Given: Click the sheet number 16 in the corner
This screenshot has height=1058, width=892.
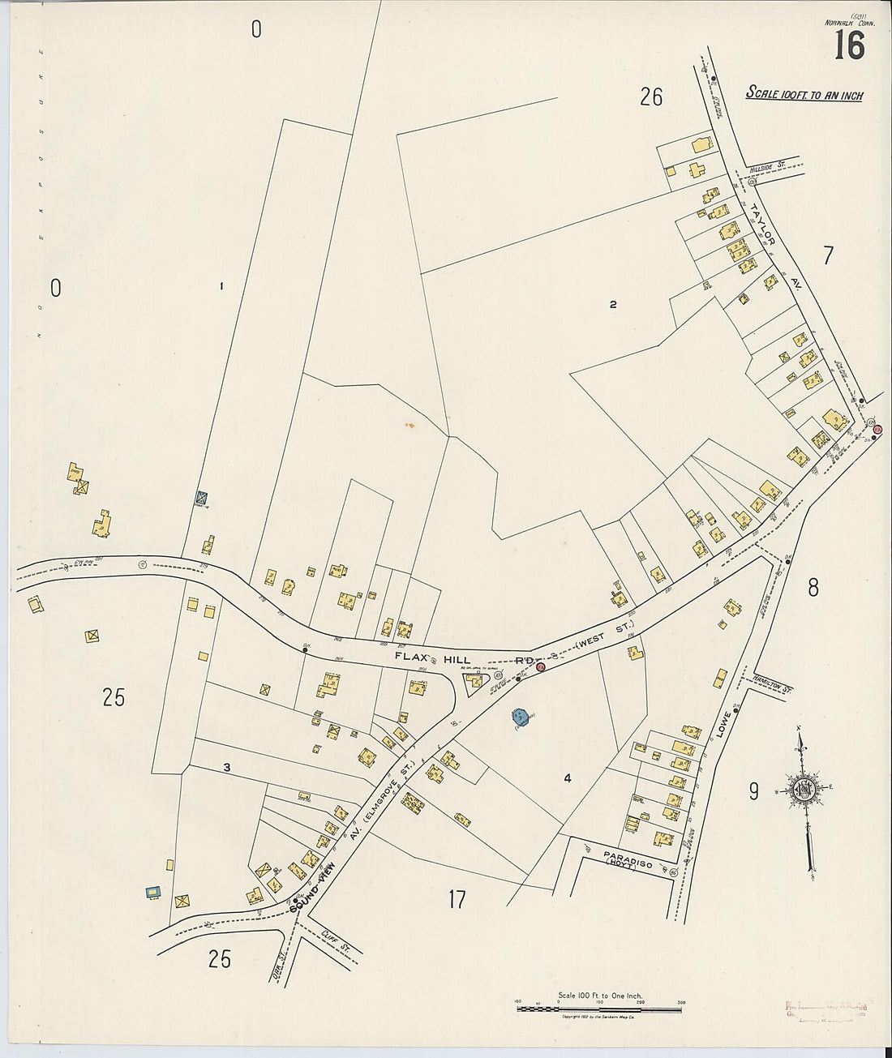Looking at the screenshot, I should (848, 45).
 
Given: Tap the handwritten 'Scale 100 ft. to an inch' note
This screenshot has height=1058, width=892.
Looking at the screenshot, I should (804, 94).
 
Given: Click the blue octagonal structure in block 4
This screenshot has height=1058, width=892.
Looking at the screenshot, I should (520, 717).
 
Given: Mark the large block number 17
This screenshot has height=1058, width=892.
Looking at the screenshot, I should (457, 899).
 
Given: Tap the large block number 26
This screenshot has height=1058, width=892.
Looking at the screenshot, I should (650, 98).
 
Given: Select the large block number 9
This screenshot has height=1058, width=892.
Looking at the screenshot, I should (753, 791).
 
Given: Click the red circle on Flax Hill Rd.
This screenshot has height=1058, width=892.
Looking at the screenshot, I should (540, 666).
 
